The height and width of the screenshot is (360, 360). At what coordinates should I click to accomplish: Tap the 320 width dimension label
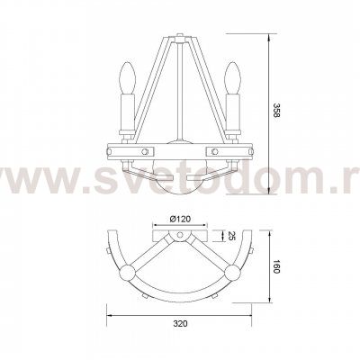click(181, 324)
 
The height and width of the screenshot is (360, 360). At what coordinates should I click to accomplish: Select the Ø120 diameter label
click(180, 220)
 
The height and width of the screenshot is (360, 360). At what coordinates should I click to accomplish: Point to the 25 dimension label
click(231, 236)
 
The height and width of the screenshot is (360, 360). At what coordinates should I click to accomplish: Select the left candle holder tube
click(128, 111)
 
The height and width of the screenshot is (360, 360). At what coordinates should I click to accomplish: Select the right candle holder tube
click(233, 111)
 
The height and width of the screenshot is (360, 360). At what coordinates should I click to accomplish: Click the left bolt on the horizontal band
click(145, 150)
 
